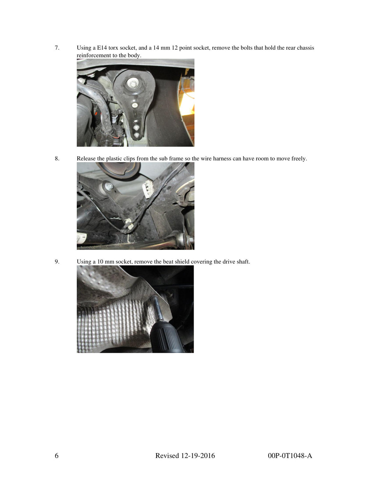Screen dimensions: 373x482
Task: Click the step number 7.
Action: coord(57,48)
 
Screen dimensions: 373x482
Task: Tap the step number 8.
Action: coord(57,158)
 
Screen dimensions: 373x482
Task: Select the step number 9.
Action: coord(57,262)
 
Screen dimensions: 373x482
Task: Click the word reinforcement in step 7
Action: coord(94,55)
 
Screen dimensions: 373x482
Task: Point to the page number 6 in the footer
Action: coord(57,456)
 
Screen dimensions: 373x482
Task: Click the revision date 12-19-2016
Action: coord(198,456)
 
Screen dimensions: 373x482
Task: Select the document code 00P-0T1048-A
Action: coord(290,456)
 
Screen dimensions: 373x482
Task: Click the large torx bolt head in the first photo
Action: coord(133,83)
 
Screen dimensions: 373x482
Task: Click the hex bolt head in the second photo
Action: coord(108,186)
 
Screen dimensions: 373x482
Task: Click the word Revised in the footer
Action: coord(167,456)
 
